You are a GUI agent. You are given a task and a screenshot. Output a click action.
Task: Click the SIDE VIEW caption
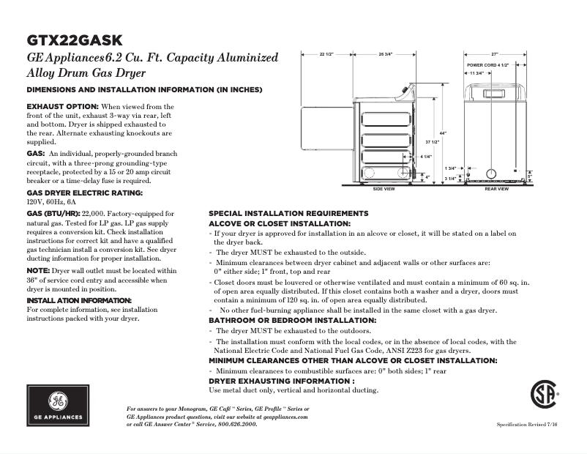click(384, 189)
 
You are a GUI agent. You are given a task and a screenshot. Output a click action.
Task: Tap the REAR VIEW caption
click(496, 189)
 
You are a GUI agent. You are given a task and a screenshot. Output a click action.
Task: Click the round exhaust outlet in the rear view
click(491, 174)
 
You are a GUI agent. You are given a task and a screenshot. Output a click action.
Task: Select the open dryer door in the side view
click(333, 144)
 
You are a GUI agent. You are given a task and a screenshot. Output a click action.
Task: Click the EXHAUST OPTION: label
click(62, 107)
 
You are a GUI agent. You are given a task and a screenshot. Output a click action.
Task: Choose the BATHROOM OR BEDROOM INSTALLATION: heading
click(293, 320)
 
